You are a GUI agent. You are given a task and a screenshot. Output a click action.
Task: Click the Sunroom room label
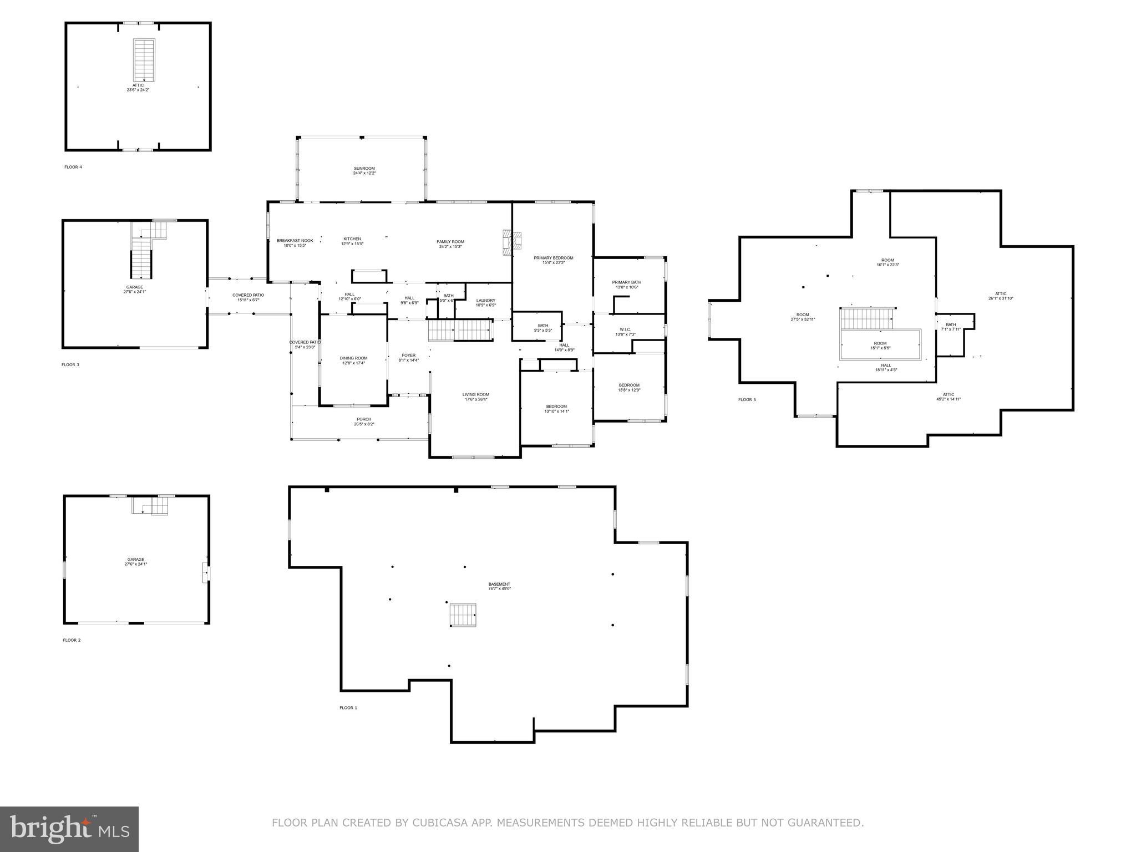(364, 170)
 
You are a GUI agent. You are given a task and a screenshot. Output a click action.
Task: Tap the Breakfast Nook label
(295, 242)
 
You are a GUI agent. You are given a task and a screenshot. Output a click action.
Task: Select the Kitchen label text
(352, 241)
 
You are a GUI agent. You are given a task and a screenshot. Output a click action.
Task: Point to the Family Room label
(450, 244)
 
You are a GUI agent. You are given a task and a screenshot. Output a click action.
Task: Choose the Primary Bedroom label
(553, 260)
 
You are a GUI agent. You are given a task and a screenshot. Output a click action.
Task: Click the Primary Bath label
(626, 284)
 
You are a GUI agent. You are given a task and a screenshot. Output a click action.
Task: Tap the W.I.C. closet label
(625, 331)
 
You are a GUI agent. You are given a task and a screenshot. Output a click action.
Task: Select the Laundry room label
(485, 302)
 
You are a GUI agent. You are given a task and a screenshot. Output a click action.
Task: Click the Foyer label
(408, 357)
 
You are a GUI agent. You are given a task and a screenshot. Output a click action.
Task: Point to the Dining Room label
(353, 360)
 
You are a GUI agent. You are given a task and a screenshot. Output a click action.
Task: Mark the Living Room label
(475, 397)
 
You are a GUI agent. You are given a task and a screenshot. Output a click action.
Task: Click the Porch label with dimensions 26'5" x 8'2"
(364, 421)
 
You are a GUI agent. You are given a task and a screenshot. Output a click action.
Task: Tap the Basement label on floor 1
(499, 586)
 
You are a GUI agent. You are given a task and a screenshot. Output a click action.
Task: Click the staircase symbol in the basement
(463, 615)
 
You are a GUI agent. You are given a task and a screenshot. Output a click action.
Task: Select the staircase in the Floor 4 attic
(144, 60)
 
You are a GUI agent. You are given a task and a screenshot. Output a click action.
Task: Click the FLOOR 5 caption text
(747, 399)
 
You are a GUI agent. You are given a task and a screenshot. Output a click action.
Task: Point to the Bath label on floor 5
(950, 326)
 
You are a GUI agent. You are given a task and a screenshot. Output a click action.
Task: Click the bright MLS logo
(69, 829)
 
